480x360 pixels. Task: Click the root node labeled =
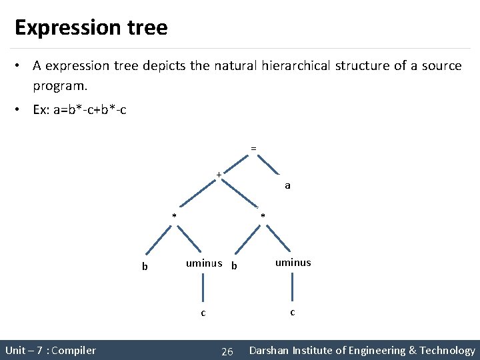pos(253,147)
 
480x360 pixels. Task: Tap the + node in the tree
pos(218,175)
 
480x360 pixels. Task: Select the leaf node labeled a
pos(287,185)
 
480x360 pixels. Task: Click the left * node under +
pos(174,216)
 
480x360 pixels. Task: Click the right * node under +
pos(263,216)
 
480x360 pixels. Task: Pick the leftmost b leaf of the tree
pos(144,267)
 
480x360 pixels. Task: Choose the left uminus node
pos(204,263)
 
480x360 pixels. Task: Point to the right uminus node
pos(293,263)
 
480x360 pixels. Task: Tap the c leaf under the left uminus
pos(203,313)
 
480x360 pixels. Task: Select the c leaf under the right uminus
pos(292,311)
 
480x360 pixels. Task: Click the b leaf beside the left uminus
pos(233,266)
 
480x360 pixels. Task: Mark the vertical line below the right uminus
pos(292,288)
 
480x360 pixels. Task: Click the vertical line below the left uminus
pos(203,289)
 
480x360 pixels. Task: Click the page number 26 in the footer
pos(227,351)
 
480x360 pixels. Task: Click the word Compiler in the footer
pos(73,351)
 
